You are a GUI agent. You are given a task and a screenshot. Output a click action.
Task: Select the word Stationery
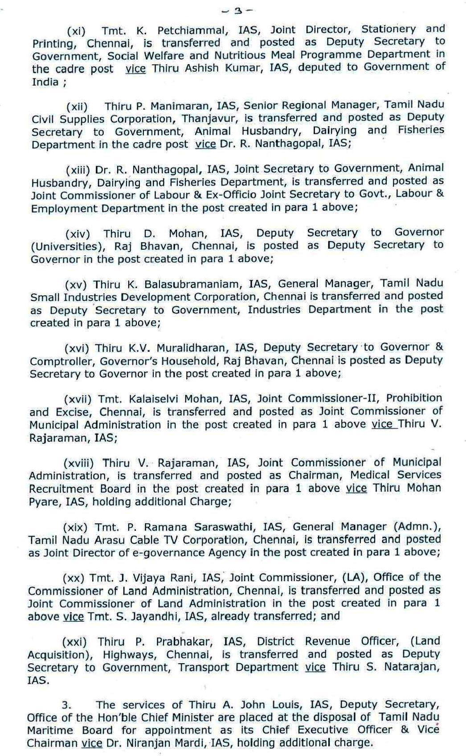(388, 29)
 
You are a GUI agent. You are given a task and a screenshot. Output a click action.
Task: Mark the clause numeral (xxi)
(74, 642)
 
